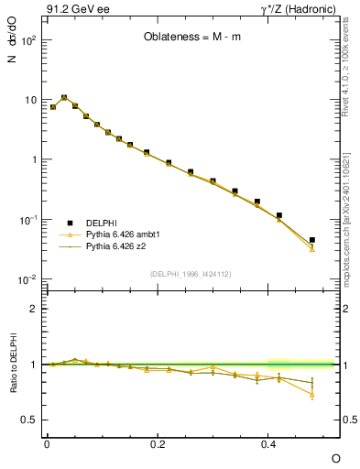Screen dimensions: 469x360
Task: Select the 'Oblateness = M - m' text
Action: pyautogui.click(x=190, y=38)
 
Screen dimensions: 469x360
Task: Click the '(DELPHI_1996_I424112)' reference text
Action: pyautogui.click(x=190, y=274)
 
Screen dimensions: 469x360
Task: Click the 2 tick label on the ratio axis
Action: pyautogui.click(x=34, y=309)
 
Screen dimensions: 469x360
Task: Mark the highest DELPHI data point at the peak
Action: pyautogui.click(x=64, y=97)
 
